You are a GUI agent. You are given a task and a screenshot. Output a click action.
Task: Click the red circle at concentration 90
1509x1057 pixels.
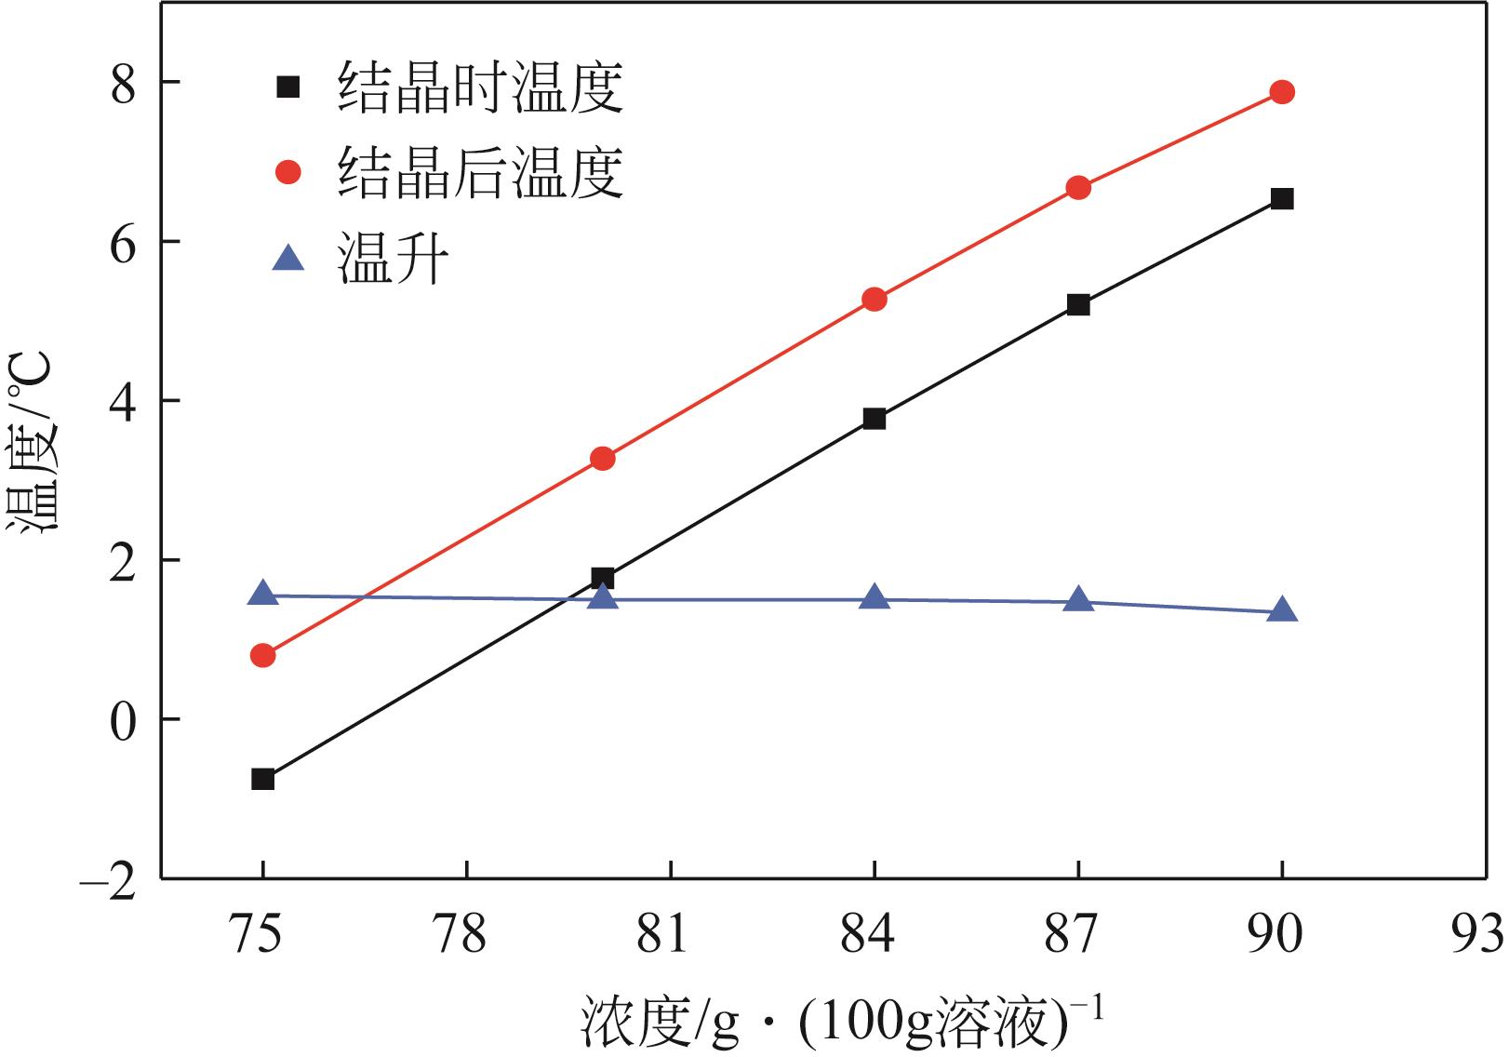pos(1282,92)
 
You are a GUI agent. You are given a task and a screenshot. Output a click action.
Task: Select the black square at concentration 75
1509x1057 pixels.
pos(263,780)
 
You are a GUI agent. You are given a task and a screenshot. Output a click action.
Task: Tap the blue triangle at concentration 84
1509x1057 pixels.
pos(875,598)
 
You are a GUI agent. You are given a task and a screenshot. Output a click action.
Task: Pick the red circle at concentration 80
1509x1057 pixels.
pos(603,459)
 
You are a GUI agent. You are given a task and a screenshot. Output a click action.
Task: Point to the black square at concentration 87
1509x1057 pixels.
pos(1078,305)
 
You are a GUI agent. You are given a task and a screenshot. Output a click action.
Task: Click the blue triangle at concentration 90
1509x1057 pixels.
pos(1282,610)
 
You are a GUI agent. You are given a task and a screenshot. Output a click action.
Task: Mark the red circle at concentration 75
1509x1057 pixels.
pos(263,656)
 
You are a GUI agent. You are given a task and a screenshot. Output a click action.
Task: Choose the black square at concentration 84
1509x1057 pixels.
pos(875,419)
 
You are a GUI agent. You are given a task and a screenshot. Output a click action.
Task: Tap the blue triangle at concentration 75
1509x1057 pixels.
pos(263,594)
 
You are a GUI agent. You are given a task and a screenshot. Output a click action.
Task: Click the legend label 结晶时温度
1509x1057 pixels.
pos(480,88)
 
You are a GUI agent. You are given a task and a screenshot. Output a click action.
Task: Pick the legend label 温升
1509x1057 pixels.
pos(394,258)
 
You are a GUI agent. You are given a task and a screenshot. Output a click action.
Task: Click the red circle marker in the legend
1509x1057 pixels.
pos(288,172)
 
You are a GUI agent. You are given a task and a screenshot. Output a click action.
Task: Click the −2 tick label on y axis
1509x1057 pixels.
pos(109,879)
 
